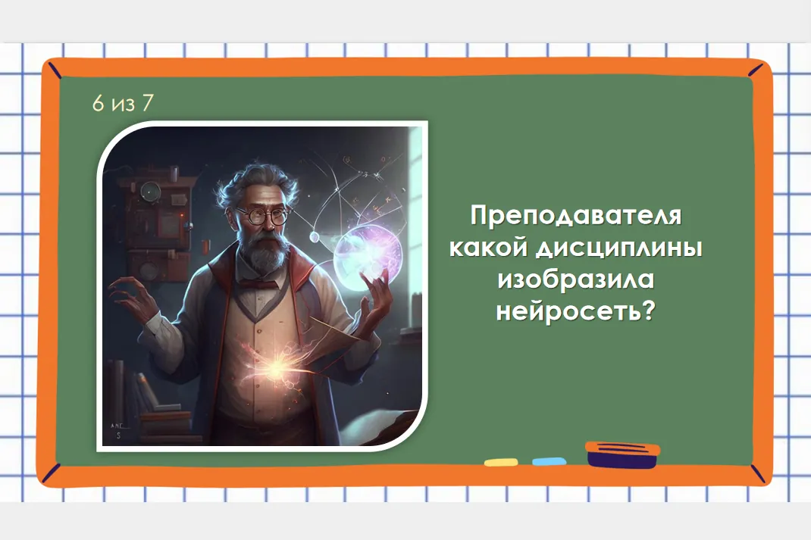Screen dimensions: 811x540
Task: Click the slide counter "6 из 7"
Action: point(123,103)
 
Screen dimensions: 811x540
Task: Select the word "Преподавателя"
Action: point(576,216)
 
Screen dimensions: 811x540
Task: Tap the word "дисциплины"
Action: point(618,248)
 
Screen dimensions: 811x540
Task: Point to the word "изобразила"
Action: point(576,279)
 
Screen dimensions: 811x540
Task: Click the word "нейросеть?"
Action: point(576,311)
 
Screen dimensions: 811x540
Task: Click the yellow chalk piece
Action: point(501,462)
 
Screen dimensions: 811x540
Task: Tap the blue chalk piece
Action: point(549,461)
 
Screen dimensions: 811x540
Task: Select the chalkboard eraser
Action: point(623,454)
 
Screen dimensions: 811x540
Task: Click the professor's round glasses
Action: point(264,215)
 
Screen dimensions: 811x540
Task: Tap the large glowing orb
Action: point(368,257)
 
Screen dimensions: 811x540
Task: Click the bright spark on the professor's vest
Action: point(276,367)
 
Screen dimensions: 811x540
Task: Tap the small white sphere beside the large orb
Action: point(314,237)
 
